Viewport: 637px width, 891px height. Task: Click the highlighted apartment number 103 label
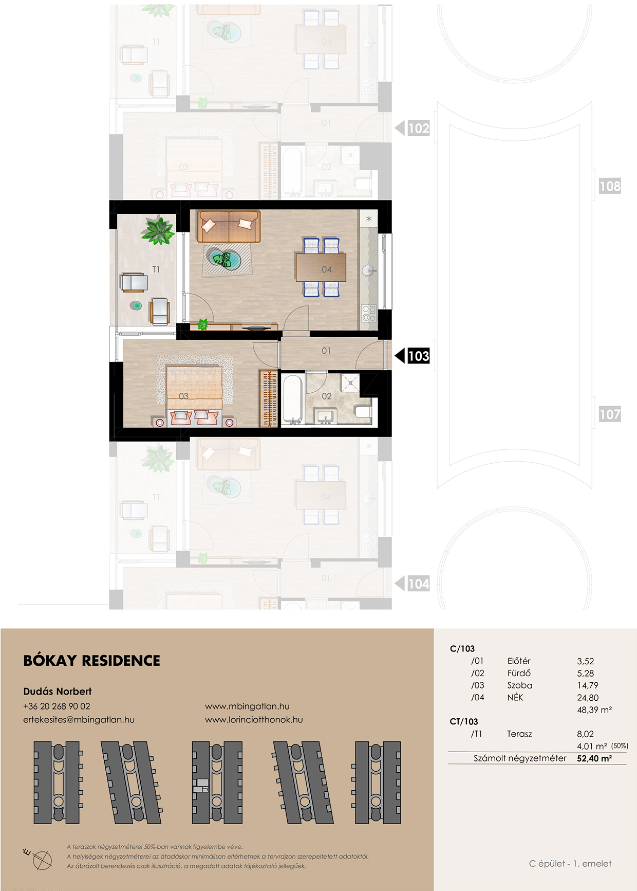418,356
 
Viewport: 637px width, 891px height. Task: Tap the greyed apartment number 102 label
418,128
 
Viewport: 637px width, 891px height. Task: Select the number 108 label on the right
610,186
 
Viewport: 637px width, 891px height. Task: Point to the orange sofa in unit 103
229,226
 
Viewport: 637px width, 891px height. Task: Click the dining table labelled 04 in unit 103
321,267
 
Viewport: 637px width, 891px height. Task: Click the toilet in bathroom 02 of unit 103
363,411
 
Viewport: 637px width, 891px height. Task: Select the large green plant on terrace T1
158,230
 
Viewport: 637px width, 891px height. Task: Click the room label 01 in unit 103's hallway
326,351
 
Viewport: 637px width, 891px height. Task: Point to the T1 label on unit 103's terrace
156,269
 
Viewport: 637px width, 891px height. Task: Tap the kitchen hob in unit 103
369,313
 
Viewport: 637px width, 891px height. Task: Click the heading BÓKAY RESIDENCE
92,661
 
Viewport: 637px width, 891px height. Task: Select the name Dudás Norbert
58,692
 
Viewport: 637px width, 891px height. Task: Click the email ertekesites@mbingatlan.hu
79,720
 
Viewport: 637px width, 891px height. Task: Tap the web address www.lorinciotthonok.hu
254,720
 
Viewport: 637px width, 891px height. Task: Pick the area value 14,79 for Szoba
588,685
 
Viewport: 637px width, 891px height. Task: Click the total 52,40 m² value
594,758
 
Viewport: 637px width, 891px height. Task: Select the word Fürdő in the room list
519,673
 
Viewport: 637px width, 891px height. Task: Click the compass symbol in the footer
40,859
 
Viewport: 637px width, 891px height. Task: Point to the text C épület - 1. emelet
570,864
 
